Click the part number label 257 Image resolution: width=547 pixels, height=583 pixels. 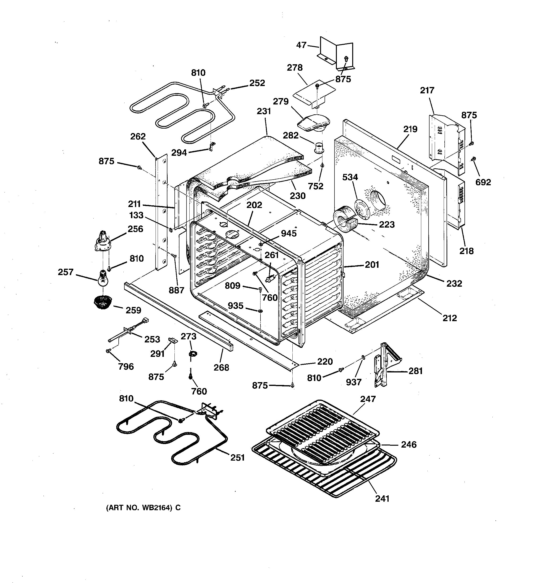pyautogui.click(x=65, y=272)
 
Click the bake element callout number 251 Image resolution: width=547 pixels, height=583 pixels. pyautogui.click(x=237, y=458)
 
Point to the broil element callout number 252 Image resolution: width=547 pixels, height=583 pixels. pyautogui.click(x=257, y=83)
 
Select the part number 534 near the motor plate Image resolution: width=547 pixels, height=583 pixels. pyautogui.click(x=350, y=177)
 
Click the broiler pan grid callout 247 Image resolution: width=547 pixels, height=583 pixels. pyautogui.click(x=368, y=399)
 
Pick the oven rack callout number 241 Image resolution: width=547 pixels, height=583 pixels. pyautogui.click(x=382, y=499)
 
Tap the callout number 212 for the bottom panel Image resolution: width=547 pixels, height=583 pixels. pyautogui.click(x=450, y=318)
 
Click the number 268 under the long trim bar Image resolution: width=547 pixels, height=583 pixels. pyautogui.click(x=221, y=367)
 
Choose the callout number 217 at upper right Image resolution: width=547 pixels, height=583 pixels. pyautogui.click(x=427, y=90)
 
